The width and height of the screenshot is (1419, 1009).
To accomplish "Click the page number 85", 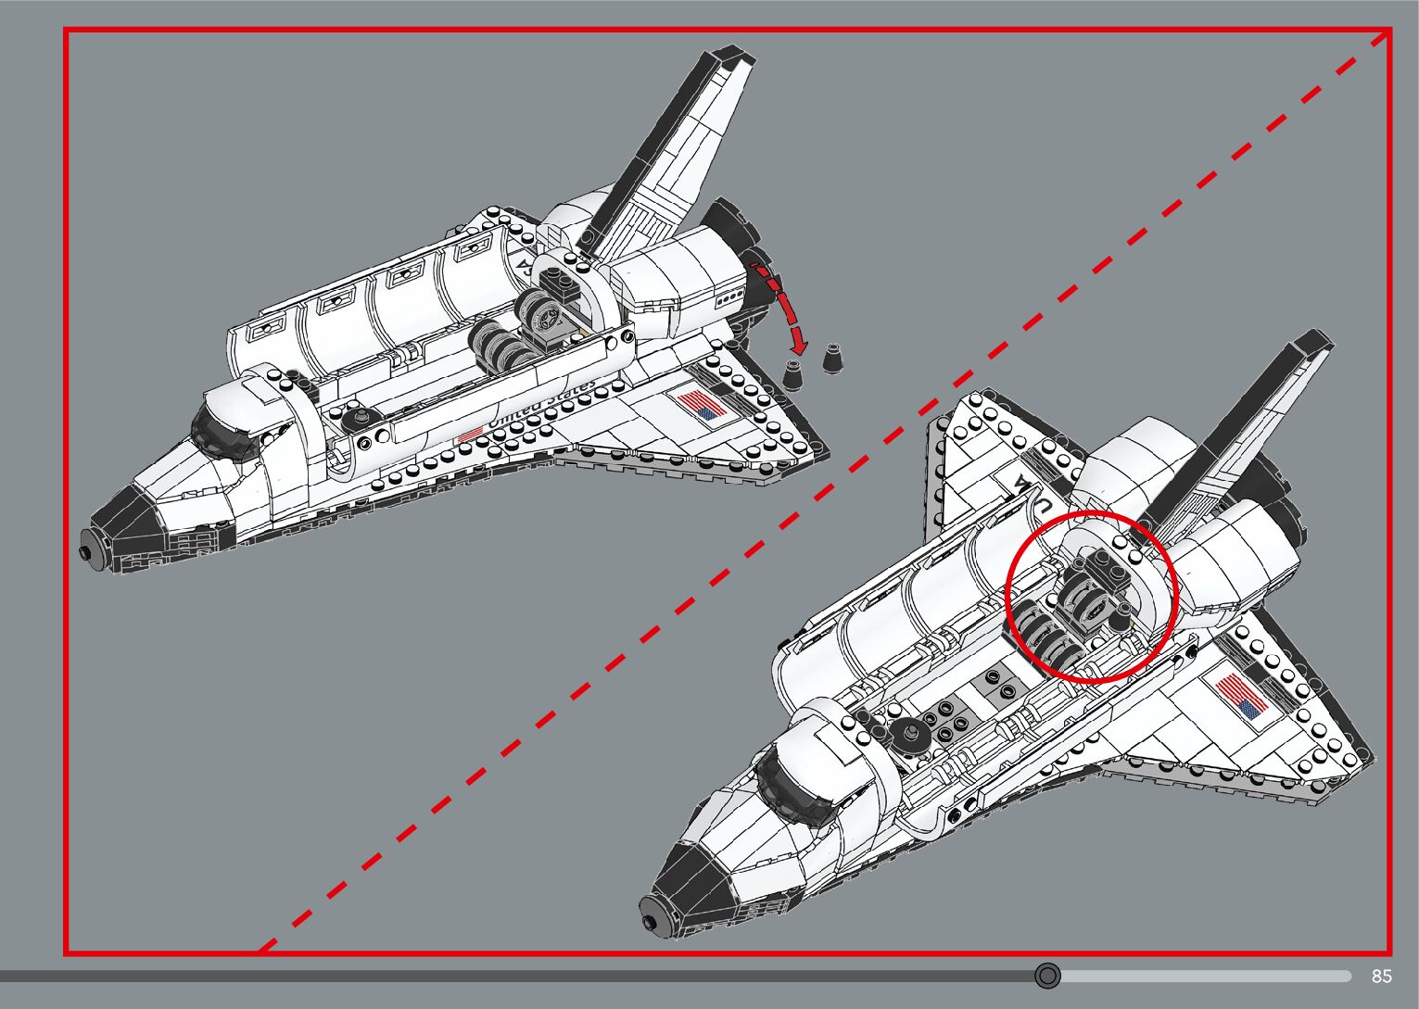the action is (1381, 976).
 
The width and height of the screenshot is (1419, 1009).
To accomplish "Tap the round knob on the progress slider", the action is (1047, 975).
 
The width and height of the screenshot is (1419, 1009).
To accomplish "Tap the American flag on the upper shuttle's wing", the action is (702, 406).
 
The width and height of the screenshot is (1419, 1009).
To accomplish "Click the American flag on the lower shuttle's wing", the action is (1240, 696).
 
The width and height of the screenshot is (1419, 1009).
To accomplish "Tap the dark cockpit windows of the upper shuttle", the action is (222, 435).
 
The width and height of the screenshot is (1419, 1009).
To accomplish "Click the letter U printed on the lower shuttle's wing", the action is (1043, 505).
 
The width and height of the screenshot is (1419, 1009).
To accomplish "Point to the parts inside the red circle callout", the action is (1091, 598).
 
